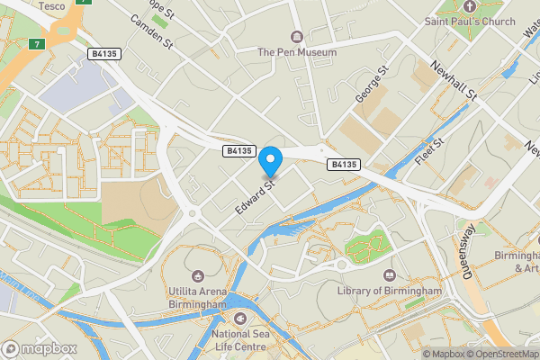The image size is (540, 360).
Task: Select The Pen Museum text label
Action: point(297,52)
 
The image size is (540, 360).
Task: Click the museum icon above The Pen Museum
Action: point(297,36)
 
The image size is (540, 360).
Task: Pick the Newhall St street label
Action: point(453,80)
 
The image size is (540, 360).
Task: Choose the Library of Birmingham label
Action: point(389,291)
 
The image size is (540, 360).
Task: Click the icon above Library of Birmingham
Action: point(389,274)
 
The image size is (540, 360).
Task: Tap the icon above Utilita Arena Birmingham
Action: point(197,274)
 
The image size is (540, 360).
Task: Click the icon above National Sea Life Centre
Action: point(239,319)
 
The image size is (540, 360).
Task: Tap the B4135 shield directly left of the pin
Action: point(240,152)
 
